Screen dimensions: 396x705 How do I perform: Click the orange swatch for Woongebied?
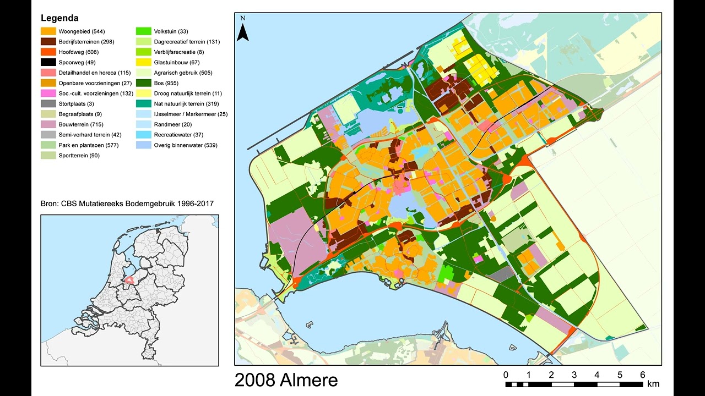coord(48,31)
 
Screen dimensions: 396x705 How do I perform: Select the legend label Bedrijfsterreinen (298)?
coord(86,42)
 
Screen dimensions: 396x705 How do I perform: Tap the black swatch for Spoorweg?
coord(48,62)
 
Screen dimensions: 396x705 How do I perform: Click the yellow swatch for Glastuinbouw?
coord(144,62)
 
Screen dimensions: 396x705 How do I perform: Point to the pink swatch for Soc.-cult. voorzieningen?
coord(48,94)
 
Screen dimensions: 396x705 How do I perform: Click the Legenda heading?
coord(59,18)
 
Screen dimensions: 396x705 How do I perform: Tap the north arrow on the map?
coord(243,31)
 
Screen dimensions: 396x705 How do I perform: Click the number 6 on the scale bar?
coord(642,375)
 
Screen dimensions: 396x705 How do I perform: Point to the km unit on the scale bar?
coord(653,384)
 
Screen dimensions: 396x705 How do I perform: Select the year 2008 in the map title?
coord(254,380)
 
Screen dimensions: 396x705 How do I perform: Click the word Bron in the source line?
coord(50,204)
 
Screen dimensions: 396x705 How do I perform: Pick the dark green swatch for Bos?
coord(144,83)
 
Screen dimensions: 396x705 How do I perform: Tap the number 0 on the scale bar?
coord(506,375)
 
